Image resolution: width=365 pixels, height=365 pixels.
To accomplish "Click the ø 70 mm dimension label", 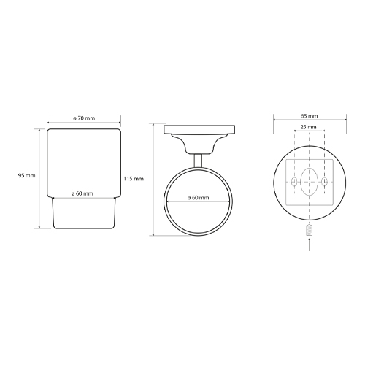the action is [84, 118].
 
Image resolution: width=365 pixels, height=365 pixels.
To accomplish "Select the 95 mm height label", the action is [26, 175].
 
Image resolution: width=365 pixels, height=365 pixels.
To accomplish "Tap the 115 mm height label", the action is [134, 179].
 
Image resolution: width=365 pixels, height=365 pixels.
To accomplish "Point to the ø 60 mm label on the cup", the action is [82, 193].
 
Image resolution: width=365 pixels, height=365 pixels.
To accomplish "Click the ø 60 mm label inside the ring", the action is [198, 198].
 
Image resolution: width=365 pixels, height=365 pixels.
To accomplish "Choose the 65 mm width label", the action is [309, 116].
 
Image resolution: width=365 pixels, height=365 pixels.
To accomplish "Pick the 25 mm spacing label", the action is [308, 127].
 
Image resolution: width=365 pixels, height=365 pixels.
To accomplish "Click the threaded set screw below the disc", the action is [309, 230].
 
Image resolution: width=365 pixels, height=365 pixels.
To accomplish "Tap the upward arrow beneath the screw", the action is [309, 245].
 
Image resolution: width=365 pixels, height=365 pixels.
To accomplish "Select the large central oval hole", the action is [309, 182].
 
